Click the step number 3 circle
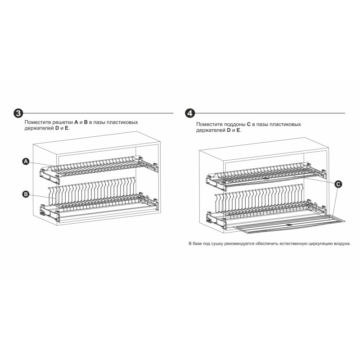point(18,113)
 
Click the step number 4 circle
point(190,113)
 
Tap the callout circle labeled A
point(26,162)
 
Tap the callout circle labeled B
point(26,194)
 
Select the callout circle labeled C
point(338,184)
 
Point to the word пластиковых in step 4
point(285,125)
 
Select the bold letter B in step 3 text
point(85,122)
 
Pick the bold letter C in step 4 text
point(248,125)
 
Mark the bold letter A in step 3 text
point(76,122)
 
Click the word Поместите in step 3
point(38,122)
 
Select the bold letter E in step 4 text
point(238,130)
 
